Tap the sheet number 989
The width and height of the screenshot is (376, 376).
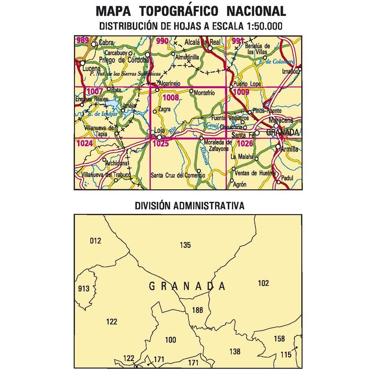(x=82, y=40)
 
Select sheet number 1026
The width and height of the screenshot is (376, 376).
(x=245, y=144)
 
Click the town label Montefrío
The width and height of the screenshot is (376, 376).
(x=205, y=93)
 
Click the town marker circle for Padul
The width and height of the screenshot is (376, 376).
(x=278, y=182)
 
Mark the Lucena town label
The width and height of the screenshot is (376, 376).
(x=91, y=68)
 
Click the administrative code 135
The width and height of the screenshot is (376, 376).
(x=185, y=245)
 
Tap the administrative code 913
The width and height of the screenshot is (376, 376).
(x=84, y=288)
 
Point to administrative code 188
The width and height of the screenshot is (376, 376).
(x=197, y=310)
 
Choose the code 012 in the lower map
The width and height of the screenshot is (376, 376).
(x=96, y=241)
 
